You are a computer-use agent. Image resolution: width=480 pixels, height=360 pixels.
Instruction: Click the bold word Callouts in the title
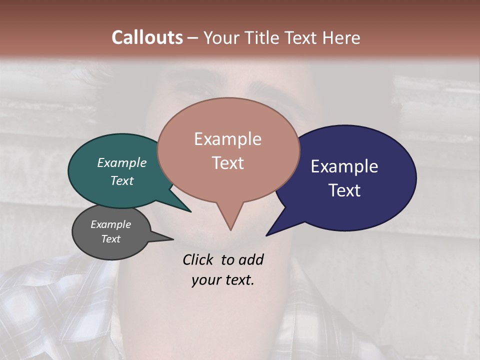click(x=147, y=37)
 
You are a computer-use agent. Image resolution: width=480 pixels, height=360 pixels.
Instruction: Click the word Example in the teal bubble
click(x=121, y=162)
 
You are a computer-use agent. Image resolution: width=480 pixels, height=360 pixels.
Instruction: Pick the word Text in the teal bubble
click(x=121, y=180)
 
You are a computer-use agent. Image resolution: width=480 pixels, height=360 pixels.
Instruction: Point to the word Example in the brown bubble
click(x=227, y=138)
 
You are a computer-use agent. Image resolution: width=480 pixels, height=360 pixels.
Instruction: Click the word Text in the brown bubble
click(x=227, y=162)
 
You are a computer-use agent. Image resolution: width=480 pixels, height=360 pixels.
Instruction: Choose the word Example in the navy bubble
click(x=344, y=166)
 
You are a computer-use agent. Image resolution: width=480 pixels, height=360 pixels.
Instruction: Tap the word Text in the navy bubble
click(x=344, y=190)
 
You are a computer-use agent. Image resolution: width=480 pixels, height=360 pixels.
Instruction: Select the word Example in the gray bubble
click(x=110, y=224)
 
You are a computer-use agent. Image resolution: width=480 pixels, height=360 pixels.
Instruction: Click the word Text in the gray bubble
click(x=110, y=239)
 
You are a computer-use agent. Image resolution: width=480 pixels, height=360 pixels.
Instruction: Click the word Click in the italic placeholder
click(x=199, y=259)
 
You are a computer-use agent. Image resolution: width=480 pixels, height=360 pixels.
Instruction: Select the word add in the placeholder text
click(x=250, y=259)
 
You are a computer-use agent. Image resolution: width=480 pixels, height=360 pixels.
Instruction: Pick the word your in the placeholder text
click(x=205, y=280)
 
